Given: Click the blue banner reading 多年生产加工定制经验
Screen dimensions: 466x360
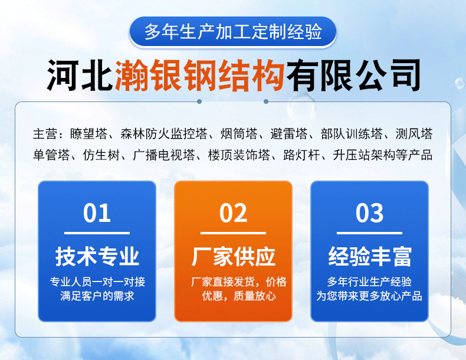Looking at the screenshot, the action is click(232, 32).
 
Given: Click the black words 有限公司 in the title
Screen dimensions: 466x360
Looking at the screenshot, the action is click(353, 75).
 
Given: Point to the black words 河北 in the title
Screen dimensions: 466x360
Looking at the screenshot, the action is click(80, 75).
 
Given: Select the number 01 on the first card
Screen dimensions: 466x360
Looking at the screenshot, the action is click(97, 213).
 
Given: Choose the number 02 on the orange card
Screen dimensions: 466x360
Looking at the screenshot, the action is click(234, 213).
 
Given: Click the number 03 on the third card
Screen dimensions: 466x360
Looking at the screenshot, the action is click(369, 213).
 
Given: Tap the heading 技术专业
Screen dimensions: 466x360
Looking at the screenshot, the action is click(97, 256).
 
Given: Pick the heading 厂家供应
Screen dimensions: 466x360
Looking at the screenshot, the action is click(234, 256).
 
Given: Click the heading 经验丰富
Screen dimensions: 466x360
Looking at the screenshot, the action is click(369, 256).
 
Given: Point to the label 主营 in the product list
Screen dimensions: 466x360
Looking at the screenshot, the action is click(45, 134).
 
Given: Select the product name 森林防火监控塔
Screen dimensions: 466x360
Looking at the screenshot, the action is click(164, 134).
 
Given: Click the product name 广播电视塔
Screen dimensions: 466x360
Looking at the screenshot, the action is click(164, 155).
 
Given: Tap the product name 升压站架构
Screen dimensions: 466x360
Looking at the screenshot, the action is click(364, 155).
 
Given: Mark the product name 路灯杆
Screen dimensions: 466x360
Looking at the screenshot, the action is click(301, 155).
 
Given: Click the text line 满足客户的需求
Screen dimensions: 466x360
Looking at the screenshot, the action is click(97, 296).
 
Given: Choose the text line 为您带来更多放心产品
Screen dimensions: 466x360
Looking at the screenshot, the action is click(369, 296).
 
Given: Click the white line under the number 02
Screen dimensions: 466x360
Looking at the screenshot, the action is click(234, 233).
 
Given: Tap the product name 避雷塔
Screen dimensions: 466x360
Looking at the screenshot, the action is click(288, 134).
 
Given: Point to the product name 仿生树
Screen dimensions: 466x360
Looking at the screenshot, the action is click(101, 155).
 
